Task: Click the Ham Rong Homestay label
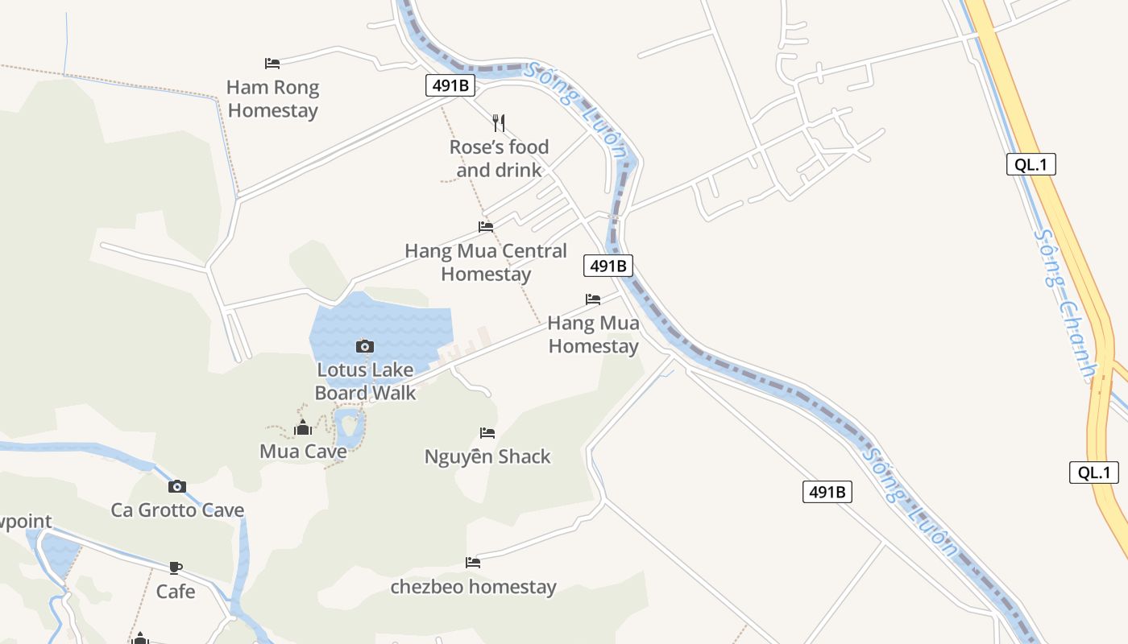pos(272,99)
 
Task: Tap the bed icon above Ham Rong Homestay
pos(272,63)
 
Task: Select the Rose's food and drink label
pos(499,159)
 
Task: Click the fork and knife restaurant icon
pos(499,122)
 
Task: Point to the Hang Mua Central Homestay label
pos(486,262)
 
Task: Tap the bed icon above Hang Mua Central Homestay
pos(486,227)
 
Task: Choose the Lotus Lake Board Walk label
pos(365,382)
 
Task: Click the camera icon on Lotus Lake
pos(365,346)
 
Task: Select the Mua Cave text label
pos(303,452)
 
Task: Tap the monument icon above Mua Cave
pos(303,427)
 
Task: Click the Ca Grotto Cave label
pos(177,510)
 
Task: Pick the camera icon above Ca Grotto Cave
pos(177,486)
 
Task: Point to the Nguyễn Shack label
pos(487,457)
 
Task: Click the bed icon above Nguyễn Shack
pos(487,433)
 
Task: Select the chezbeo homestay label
pos(473,587)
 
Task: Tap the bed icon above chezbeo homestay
pos(473,563)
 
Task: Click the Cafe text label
pos(176,592)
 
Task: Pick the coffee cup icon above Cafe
pos(176,568)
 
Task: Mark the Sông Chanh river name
pos(1066,306)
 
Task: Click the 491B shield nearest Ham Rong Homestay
pos(450,85)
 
